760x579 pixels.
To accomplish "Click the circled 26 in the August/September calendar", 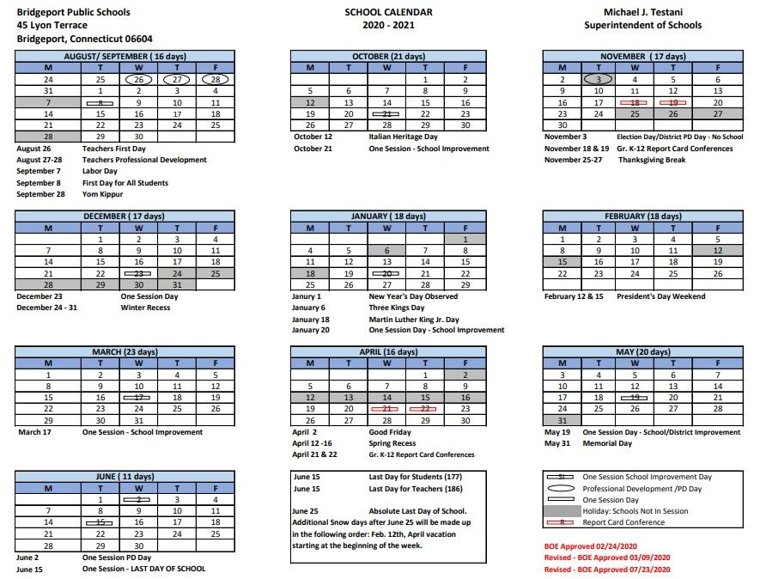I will (138, 79).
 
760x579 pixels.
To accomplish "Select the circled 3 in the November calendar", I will (599, 79).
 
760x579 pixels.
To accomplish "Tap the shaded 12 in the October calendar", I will (310, 102).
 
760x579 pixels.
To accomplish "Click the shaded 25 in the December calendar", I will (216, 273).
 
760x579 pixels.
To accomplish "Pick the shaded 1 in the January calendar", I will (465, 239).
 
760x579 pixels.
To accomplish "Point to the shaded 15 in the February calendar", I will (562, 262).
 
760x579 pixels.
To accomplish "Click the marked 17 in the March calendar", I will (138, 398).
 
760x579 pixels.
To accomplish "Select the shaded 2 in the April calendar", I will (465, 375).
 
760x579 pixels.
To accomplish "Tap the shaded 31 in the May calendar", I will (562, 420).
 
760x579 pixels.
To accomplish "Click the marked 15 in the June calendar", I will (100, 521).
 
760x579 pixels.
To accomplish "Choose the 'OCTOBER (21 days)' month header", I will (387, 56).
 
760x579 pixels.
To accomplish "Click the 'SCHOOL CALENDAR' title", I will (388, 13).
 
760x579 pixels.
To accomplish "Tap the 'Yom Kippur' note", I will (103, 194).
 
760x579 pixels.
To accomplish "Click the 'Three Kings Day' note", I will (396, 308).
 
